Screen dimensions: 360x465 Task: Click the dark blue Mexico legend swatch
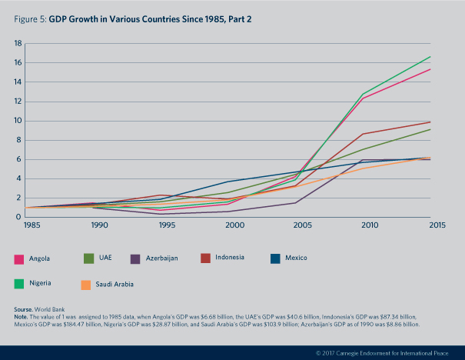pos(277,258)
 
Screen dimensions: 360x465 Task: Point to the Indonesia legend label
pos(229,257)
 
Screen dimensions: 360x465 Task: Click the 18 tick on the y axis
pos(16,43)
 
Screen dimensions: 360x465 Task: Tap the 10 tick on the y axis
pos(16,121)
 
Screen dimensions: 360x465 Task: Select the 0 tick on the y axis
pos(18,217)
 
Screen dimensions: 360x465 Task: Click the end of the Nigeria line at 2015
pos(430,56)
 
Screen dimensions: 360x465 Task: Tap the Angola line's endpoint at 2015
pos(430,69)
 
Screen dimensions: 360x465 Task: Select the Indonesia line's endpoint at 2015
pos(430,122)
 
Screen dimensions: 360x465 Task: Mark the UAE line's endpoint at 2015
pos(430,129)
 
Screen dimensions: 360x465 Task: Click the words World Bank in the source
pos(61,308)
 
